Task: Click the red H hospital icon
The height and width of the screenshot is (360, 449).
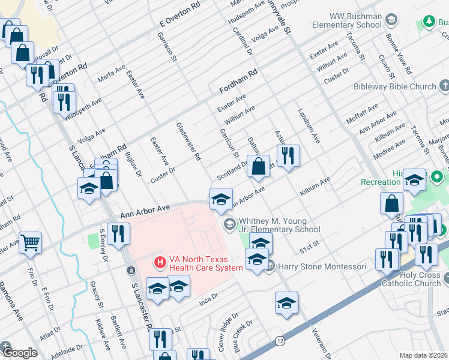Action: [160, 262]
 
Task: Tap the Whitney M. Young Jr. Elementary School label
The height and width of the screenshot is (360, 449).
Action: [279, 225]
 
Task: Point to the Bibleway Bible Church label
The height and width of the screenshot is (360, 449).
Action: [394, 86]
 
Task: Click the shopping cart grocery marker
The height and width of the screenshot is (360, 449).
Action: [30, 242]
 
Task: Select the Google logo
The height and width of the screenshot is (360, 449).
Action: [19, 353]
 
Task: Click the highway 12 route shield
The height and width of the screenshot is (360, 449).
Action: [280, 341]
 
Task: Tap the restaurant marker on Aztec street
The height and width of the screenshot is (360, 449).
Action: [289, 156]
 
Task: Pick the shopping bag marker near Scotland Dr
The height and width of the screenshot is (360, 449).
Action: [258, 166]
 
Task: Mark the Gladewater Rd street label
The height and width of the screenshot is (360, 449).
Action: [188, 142]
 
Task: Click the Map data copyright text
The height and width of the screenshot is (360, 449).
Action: [423, 355]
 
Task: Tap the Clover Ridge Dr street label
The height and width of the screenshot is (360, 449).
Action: [227, 324]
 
